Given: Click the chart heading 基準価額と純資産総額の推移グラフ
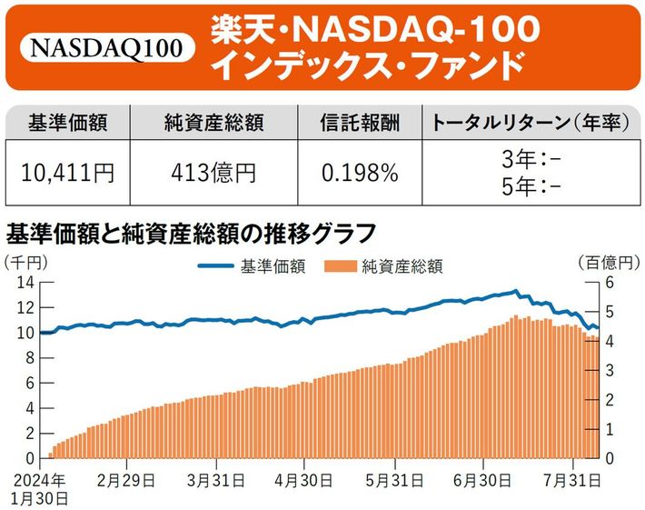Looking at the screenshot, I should [x=191, y=234].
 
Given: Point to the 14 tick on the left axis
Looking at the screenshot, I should [x=25, y=282].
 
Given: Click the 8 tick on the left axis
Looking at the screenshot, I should [x=29, y=357].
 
